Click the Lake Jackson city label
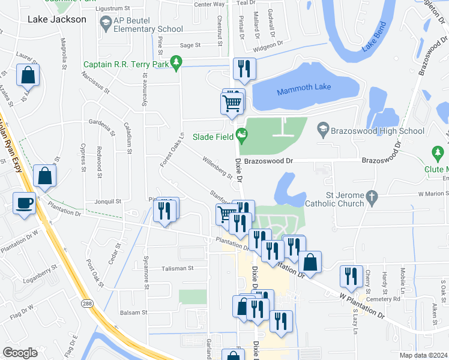coord(57,19)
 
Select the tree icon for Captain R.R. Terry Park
coord(176,61)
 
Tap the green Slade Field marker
coord(242,136)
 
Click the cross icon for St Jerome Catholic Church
coord(372,196)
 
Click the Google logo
coord(20,352)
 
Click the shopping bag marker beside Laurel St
coord(28,76)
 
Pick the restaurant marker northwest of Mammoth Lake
coord(244,69)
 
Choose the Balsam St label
coord(134,313)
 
